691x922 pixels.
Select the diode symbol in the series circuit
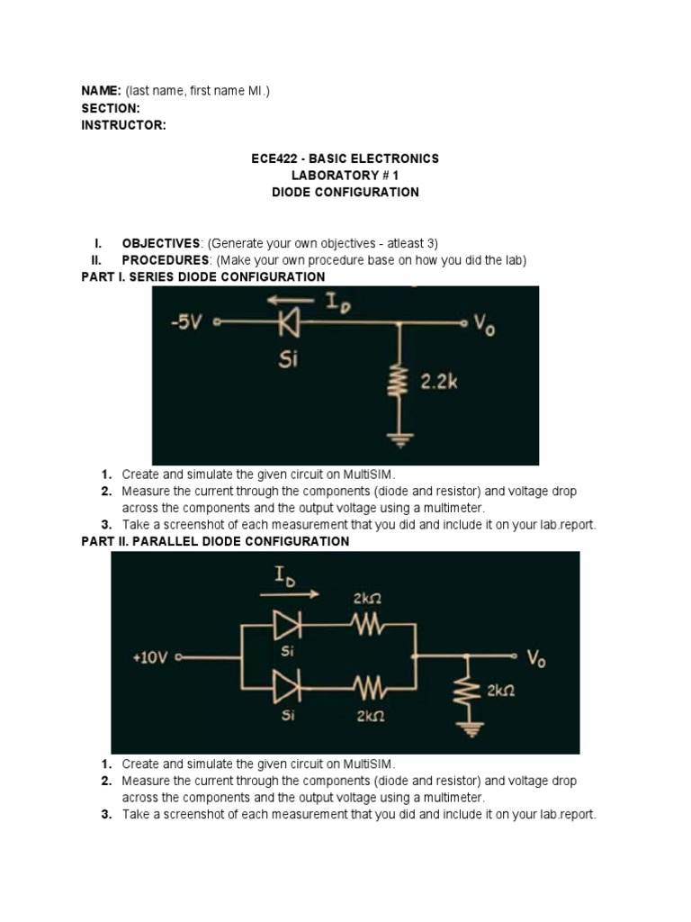tap(290, 321)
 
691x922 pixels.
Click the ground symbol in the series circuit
tap(399, 440)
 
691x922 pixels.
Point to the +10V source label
tap(150, 658)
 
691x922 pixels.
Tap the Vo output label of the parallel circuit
tap(536, 660)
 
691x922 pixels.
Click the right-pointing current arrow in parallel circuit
tap(289, 594)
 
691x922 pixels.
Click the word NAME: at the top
tap(101, 91)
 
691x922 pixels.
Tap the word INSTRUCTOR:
tap(123, 125)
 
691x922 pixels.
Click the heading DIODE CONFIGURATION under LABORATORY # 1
tap(345, 192)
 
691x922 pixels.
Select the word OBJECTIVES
tap(161, 243)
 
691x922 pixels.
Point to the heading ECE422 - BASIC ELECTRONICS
tap(345, 158)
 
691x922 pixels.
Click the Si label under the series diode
tap(289, 359)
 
